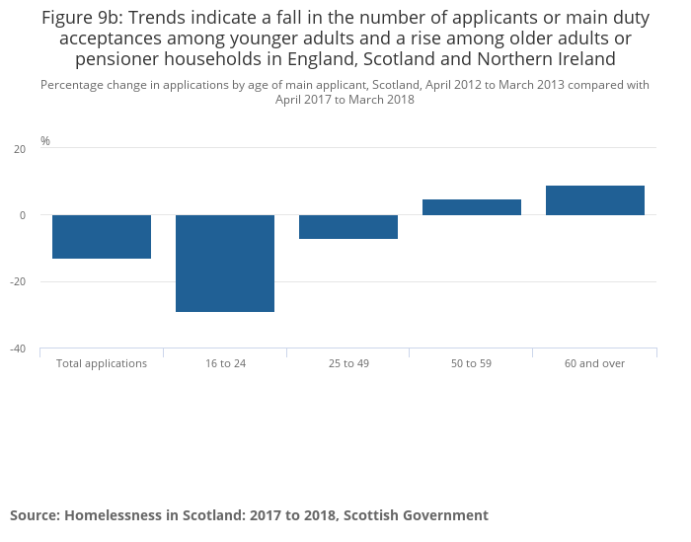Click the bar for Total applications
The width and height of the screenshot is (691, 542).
click(102, 237)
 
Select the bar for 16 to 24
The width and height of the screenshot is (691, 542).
click(225, 264)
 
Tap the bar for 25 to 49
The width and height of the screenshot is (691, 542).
click(348, 227)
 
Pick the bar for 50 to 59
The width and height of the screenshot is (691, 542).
click(472, 207)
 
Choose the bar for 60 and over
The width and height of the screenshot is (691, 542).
click(595, 200)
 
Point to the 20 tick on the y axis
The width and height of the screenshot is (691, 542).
click(20, 149)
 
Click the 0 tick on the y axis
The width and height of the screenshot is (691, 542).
click(23, 215)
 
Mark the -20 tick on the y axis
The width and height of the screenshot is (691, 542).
click(18, 281)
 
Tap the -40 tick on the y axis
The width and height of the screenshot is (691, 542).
click(18, 348)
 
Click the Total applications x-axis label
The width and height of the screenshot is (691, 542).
click(102, 363)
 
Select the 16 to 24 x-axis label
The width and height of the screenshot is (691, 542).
click(225, 363)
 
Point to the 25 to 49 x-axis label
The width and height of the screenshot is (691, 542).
click(348, 363)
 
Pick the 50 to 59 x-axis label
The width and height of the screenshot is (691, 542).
click(472, 363)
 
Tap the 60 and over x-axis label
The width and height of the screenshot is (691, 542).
click(595, 363)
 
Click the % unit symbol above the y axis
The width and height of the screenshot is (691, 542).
click(45, 141)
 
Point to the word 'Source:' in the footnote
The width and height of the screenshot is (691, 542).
click(36, 515)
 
